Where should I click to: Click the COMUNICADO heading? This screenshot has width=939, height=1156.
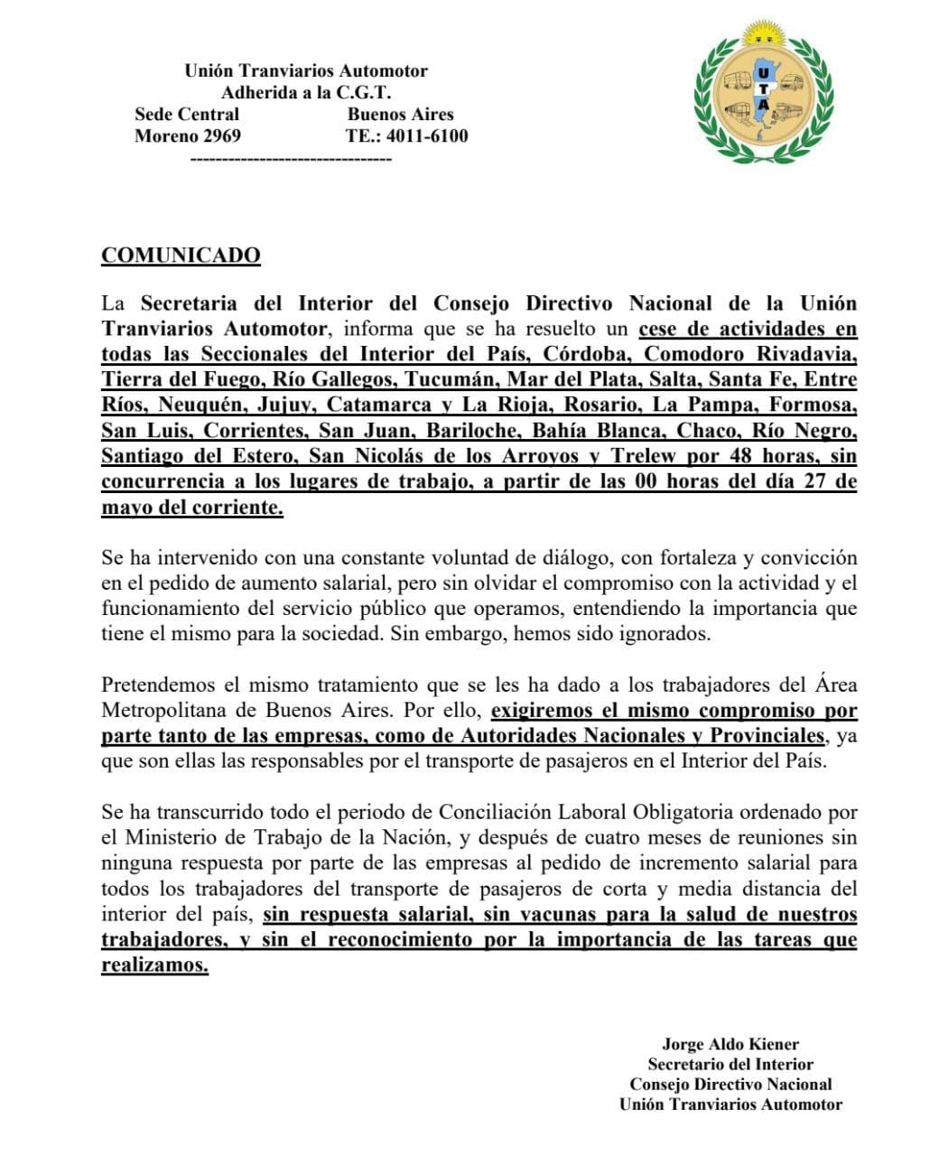click(x=181, y=256)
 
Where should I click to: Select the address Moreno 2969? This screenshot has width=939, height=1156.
click(x=188, y=136)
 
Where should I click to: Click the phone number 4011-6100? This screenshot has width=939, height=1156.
click(x=427, y=136)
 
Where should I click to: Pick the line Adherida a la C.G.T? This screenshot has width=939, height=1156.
click(x=306, y=92)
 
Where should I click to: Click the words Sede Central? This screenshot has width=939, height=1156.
click(x=187, y=115)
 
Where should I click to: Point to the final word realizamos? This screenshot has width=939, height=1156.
click(x=154, y=965)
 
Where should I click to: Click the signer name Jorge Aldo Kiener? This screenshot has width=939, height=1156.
click(x=730, y=1044)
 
